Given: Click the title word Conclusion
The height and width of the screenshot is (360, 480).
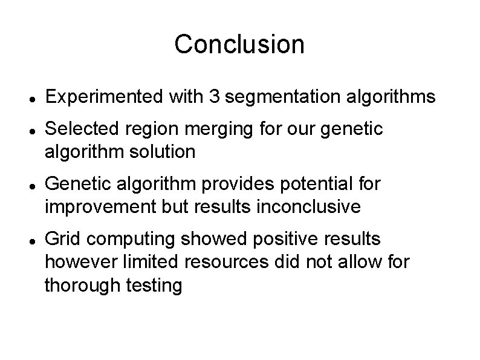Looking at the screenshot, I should pos(239,44).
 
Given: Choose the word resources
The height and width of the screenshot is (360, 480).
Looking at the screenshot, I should pos(218,262).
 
